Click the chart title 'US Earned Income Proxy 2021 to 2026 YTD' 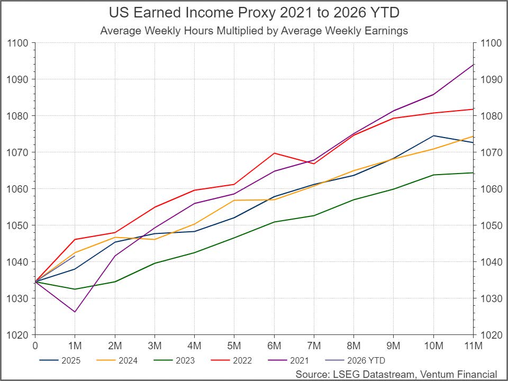253,13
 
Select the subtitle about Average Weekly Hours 254,31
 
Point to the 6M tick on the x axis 274,346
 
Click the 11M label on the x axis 473,346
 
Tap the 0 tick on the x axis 35,346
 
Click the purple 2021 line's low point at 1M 75,312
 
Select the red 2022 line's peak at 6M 274,153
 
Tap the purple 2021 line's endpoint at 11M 473,65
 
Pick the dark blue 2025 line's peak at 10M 433,135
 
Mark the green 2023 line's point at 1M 75,289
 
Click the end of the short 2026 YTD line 75,256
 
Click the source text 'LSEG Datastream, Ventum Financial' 396,374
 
